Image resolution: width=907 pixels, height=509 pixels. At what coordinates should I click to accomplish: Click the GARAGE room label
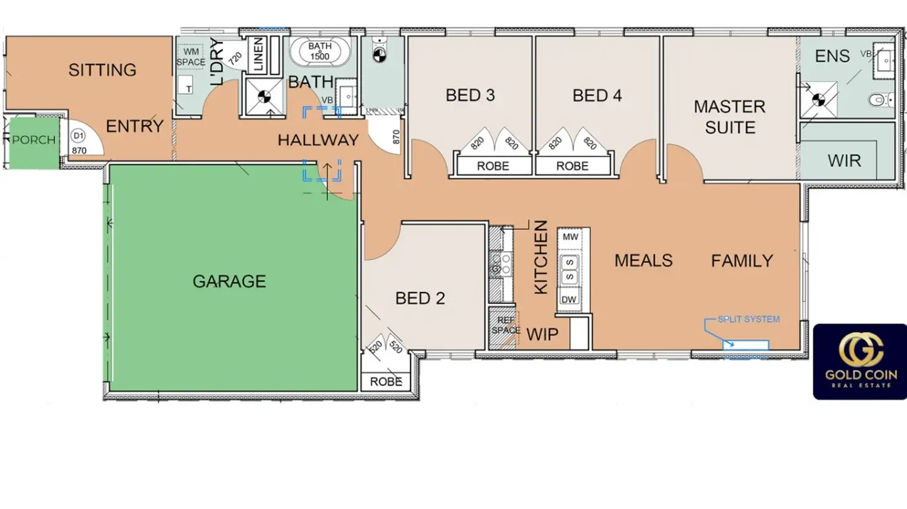(x=229, y=282)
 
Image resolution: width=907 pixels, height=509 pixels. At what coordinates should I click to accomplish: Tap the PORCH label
(x=34, y=140)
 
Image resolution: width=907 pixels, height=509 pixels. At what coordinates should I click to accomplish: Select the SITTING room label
(x=102, y=70)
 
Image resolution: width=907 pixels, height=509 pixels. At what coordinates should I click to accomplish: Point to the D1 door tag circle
(x=78, y=136)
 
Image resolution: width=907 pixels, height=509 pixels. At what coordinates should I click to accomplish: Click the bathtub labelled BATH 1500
(x=320, y=52)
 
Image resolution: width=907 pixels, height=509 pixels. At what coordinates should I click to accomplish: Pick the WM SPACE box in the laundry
(x=191, y=57)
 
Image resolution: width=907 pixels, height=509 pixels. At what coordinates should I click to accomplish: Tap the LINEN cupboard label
(x=258, y=55)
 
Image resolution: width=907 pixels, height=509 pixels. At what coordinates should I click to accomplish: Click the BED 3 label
(x=470, y=95)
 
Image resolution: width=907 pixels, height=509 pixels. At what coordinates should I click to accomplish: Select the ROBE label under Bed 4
(x=572, y=166)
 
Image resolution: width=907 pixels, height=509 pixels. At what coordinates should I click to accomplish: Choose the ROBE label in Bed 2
(x=386, y=382)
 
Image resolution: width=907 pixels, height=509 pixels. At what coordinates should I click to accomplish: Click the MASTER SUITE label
(x=730, y=117)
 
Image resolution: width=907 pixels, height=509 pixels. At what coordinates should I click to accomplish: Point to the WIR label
(x=844, y=161)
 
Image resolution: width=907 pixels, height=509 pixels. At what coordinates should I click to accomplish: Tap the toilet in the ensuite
(x=881, y=100)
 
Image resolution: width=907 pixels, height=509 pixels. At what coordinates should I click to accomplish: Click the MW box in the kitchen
(x=570, y=237)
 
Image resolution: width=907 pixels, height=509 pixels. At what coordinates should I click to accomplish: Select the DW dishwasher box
(x=569, y=299)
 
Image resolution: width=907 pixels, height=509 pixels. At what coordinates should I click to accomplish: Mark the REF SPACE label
(x=505, y=325)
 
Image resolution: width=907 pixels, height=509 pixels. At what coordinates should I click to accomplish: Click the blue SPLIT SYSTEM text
(x=749, y=319)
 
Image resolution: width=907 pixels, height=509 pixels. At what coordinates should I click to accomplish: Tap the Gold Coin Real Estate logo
(x=860, y=362)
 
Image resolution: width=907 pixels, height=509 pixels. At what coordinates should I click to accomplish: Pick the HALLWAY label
(x=319, y=140)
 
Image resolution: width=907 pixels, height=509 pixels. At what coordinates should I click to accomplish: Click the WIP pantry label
(x=542, y=335)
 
